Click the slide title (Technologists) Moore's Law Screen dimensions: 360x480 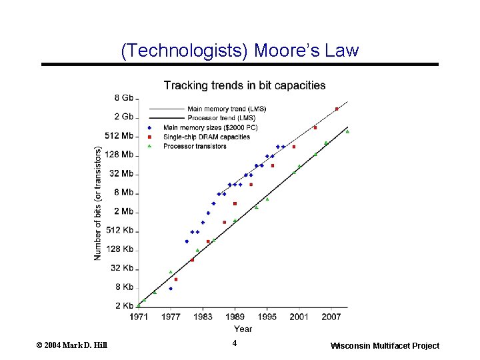click(240, 51)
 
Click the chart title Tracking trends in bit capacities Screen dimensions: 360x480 click(245, 85)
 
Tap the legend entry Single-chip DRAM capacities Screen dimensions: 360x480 click(207, 137)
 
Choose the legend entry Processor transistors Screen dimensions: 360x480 click(195, 146)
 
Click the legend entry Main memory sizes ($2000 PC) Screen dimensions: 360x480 click(210, 127)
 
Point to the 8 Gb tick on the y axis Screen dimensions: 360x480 click(124, 97)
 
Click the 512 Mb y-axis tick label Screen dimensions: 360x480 click(119, 135)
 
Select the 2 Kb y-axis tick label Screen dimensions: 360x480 click(124, 306)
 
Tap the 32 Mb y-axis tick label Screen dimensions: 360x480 click(121, 173)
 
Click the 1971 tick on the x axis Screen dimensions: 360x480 click(139, 317)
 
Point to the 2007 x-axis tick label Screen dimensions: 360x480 click(331, 317)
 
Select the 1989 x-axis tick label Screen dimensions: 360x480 click(235, 317)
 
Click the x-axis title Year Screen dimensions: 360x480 click(243, 329)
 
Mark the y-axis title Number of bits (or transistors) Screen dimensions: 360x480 click(98, 203)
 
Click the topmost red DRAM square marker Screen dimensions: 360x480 click(337, 109)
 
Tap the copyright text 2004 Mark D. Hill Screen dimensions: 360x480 click(71, 345)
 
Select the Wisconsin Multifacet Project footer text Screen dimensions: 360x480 click(385, 345)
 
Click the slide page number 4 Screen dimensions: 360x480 click(235, 343)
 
